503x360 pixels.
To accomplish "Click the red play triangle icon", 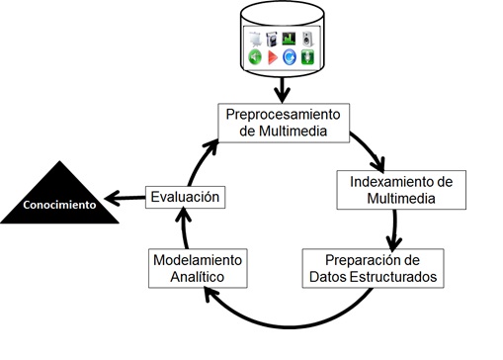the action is pyautogui.click(x=273, y=57).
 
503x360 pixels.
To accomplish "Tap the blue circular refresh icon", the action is pyautogui.click(x=290, y=57).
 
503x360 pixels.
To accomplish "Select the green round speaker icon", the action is pyautogui.click(x=255, y=57).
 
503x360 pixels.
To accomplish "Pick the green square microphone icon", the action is pyautogui.click(x=307, y=57).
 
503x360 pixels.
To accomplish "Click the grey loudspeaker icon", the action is pyautogui.click(x=307, y=39).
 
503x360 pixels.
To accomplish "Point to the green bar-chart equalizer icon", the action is pyautogui.click(x=289, y=39).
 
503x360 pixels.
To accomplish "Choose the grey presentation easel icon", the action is pyautogui.click(x=255, y=40).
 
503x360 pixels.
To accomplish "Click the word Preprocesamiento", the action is pyautogui.click(x=283, y=115).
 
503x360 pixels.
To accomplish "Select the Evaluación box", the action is pyautogui.click(x=185, y=197).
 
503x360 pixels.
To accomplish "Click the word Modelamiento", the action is pyautogui.click(x=198, y=260).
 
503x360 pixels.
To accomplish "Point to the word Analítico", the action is pyautogui.click(x=198, y=277).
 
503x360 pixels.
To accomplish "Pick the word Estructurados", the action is pyautogui.click(x=393, y=277).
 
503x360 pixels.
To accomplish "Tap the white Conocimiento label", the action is pyautogui.click(x=59, y=205).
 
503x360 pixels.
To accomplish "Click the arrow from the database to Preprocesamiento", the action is pyautogui.click(x=283, y=90).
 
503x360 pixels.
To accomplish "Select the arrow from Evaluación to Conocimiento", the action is pyautogui.click(x=125, y=198).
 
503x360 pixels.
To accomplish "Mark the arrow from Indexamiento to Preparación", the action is pyautogui.click(x=394, y=230).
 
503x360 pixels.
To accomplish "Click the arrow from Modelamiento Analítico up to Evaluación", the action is pyautogui.click(x=184, y=227).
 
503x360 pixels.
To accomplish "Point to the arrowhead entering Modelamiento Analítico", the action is pyautogui.click(x=209, y=293).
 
